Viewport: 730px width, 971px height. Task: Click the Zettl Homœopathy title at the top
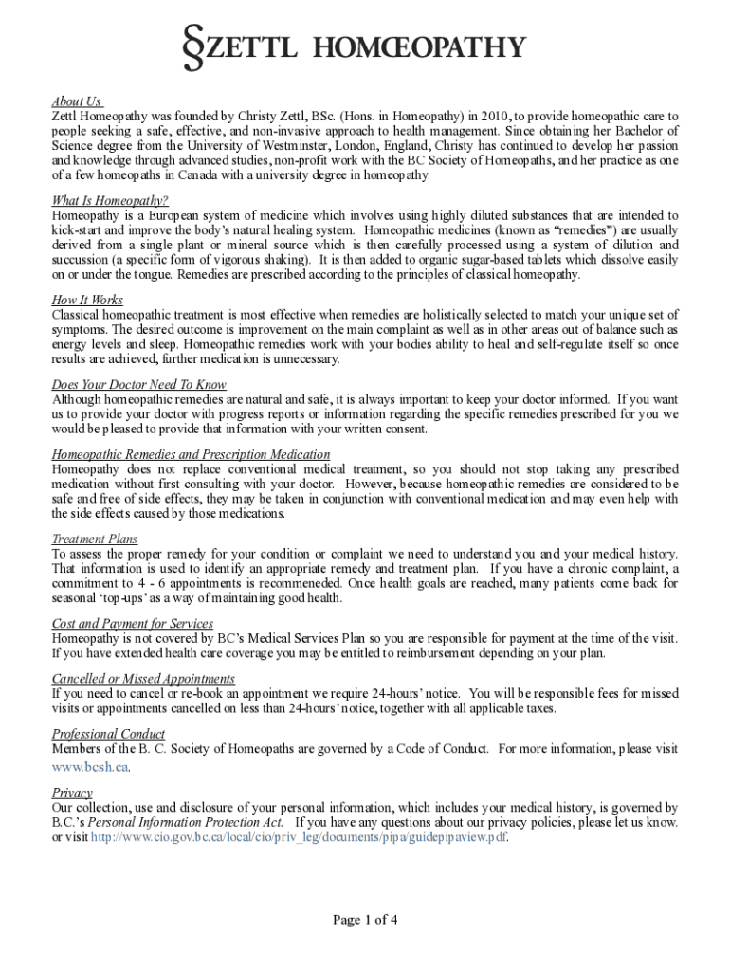[x=365, y=47]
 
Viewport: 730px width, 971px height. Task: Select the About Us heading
[x=77, y=101]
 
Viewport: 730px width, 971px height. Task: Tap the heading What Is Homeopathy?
[x=110, y=201]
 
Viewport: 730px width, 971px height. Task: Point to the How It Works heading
[x=87, y=301]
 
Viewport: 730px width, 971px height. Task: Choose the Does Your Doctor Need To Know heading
[x=138, y=385]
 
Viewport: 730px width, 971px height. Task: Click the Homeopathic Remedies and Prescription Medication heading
[x=191, y=455]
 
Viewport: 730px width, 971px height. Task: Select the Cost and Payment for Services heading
[x=133, y=624]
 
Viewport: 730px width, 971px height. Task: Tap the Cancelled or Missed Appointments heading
[x=143, y=679]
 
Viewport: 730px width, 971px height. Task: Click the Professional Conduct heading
[x=108, y=734]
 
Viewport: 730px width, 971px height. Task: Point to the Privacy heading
[x=72, y=793]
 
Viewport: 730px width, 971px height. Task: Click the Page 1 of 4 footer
[x=365, y=919]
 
